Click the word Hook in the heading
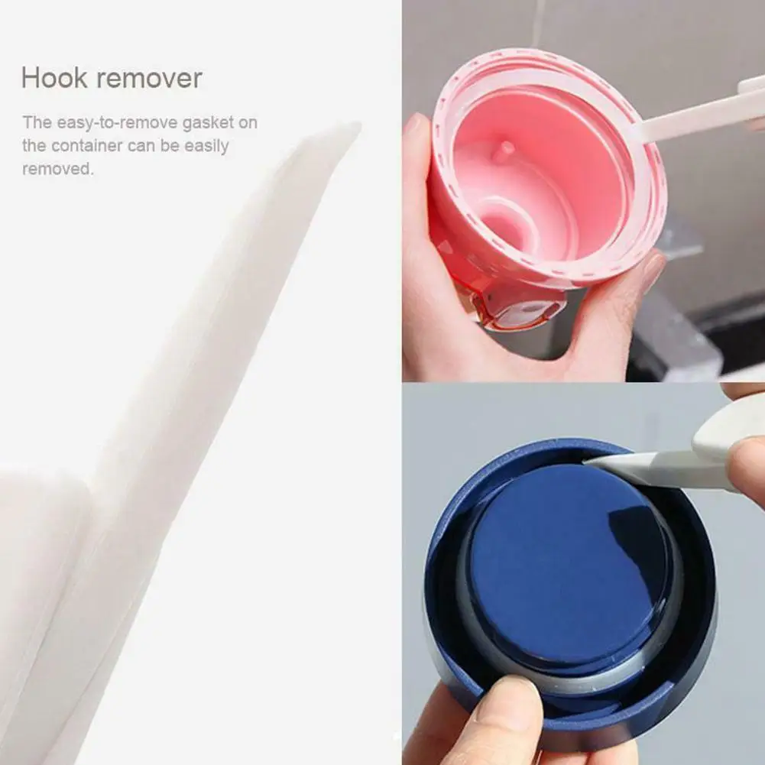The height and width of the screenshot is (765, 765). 50,78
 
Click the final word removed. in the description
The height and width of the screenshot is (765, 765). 58,169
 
